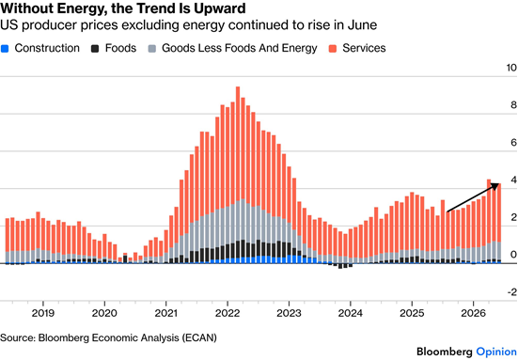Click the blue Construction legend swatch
pos(5,49)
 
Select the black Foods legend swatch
pos(95,49)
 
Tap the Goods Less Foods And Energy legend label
pos(239,48)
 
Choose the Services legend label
pos(364,48)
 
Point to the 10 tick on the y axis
pos(511,68)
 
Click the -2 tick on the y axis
pos(512,292)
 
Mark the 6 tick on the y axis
pos(513,142)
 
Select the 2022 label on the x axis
pos(228,313)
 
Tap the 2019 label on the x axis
pos(43,313)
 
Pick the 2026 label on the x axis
pos(474,313)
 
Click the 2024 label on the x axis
pos(350,313)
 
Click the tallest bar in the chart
pos(238,175)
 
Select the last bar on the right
pos(499,224)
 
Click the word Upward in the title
pos(220,8)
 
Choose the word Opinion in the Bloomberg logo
pos(497,352)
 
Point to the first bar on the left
pos(8,242)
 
